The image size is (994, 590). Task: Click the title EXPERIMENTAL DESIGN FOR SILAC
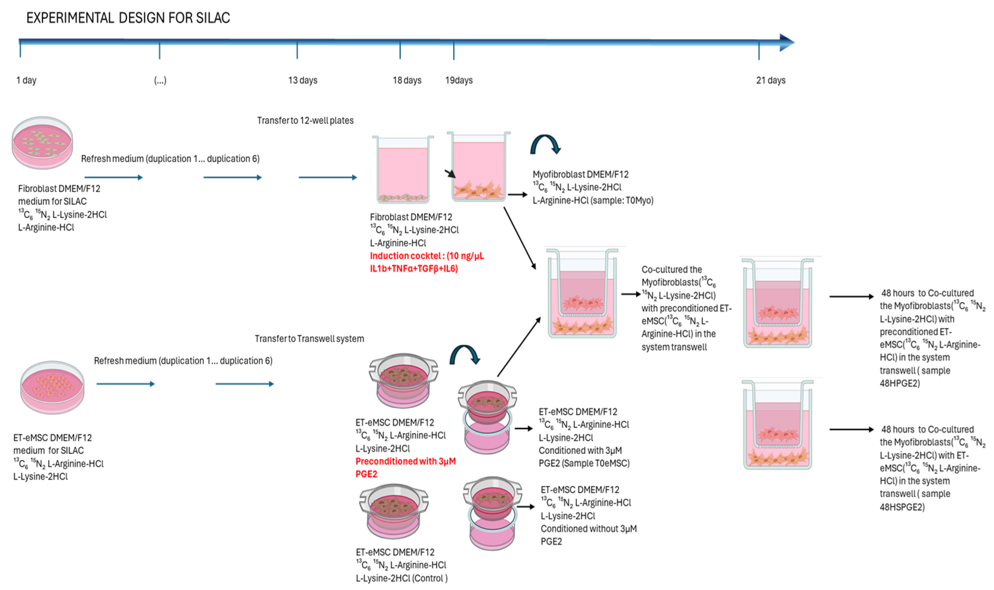(128, 18)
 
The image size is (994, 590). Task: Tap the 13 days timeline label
(303, 80)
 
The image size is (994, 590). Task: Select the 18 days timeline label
(407, 80)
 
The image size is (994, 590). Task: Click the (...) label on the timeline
(160, 80)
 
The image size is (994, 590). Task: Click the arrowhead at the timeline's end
(787, 42)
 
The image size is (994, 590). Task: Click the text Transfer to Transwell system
(309, 339)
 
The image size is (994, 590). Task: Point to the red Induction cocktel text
(426, 262)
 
